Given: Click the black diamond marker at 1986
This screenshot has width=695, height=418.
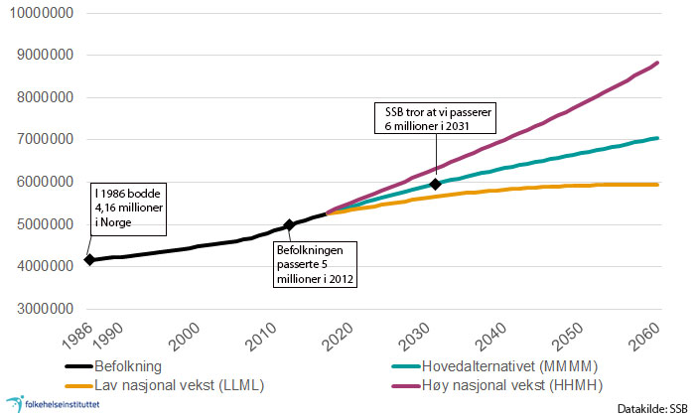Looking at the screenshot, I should [90, 260].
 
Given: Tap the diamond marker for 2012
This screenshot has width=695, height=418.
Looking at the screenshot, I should [289, 225].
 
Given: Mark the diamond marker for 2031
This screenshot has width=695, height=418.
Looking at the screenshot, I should [435, 184].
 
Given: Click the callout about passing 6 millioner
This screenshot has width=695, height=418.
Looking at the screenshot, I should [435, 117].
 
